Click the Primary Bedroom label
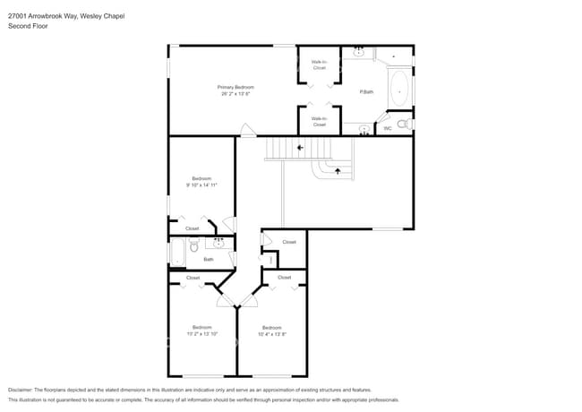coord(235,87)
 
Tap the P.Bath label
coord(366,92)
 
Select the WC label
coord(388,128)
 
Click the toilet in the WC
coord(403,124)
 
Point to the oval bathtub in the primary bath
coord(398,90)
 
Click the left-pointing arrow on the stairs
coord(300,148)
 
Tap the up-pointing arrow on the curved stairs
coord(337,169)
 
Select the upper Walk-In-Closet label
coord(319,64)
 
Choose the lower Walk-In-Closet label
coord(319,120)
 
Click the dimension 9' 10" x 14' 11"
coord(202,185)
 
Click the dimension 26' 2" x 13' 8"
coord(235,93)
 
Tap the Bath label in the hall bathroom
coord(209,260)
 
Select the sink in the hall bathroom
coord(218,242)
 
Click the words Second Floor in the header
coord(28,26)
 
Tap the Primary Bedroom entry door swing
coord(248,131)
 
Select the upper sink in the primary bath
coord(359,53)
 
